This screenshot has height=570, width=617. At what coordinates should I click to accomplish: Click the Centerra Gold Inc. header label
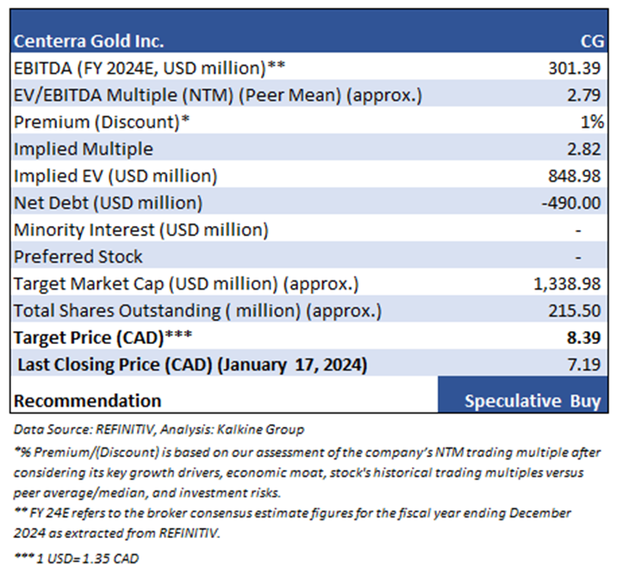click(x=88, y=41)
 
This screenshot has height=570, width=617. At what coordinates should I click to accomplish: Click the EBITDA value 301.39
click(x=576, y=67)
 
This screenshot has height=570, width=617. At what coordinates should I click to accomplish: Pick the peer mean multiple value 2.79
click(x=586, y=95)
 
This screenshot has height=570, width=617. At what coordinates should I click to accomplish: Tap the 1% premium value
click(x=592, y=122)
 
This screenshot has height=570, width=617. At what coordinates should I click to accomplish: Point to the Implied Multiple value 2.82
click(x=586, y=148)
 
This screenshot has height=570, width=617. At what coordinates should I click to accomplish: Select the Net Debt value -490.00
click(x=573, y=203)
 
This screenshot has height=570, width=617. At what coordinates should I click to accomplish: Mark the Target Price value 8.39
click(x=586, y=338)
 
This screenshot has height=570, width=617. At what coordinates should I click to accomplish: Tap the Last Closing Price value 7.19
click(x=586, y=365)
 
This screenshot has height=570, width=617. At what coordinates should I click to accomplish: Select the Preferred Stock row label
click(x=78, y=257)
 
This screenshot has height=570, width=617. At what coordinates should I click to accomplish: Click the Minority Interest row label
click(x=140, y=229)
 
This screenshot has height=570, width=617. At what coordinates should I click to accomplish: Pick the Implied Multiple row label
click(x=83, y=148)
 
